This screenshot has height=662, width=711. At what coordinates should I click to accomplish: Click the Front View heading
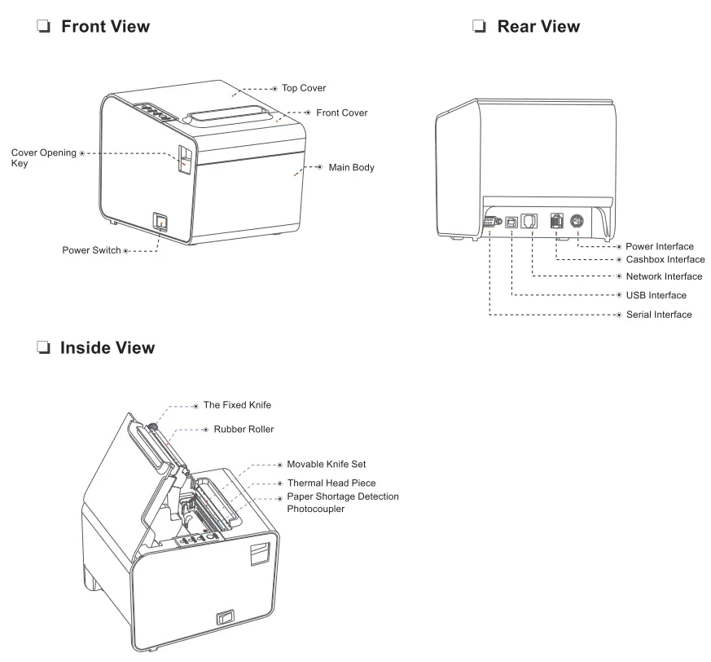(105, 26)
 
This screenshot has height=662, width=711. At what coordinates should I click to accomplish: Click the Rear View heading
(538, 26)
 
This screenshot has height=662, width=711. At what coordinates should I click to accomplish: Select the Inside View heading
(107, 348)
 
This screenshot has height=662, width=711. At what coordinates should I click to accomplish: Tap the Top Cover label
(304, 88)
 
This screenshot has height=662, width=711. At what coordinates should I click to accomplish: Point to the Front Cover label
(341, 113)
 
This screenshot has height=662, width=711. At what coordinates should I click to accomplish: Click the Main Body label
(351, 167)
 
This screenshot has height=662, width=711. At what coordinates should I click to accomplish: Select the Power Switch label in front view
(91, 250)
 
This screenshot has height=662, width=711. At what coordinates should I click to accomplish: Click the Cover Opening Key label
(43, 158)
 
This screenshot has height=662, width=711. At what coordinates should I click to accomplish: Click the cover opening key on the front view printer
(185, 161)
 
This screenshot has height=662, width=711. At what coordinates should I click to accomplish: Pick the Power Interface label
(660, 246)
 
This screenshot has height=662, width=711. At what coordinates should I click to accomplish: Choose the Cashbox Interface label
(665, 259)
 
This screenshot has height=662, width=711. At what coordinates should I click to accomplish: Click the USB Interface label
(656, 295)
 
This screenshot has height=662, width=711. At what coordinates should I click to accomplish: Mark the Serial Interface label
(659, 315)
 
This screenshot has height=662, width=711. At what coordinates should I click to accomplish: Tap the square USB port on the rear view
(511, 222)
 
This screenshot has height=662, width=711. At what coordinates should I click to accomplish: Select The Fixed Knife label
(237, 405)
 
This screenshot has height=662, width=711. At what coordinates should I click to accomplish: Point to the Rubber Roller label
(244, 429)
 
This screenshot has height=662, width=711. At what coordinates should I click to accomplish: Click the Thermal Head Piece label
(331, 483)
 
